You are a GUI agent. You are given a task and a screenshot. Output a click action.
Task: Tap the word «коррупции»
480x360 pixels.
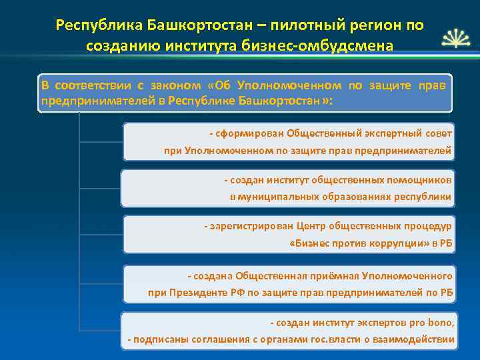pos(397,244)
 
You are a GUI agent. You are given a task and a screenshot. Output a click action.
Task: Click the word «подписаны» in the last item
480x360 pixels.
pos(156,340)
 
